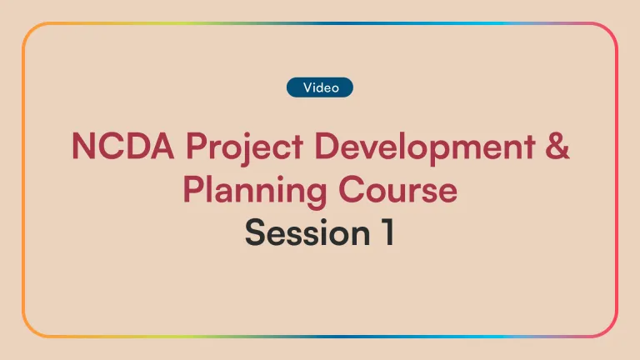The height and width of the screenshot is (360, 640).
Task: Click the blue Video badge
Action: click(x=320, y=87)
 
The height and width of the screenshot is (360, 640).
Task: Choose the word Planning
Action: click(x=243, y=191)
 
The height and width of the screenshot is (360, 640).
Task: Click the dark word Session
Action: click(x=301, y=233)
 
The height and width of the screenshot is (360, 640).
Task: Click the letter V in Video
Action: click(x=307, y=87)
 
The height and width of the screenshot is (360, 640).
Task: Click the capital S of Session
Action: click(x=255, y=233)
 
